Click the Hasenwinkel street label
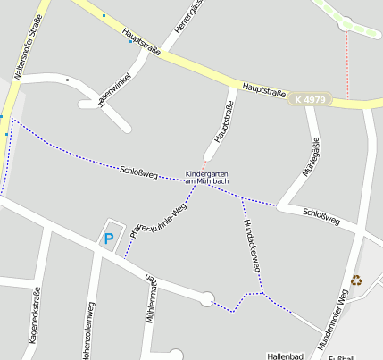(x=116, y=91)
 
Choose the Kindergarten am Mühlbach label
(x=207, y=177)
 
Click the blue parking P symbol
(x=109, y=239)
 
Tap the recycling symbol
(x=357, y=280)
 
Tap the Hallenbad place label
(x=286, y=355)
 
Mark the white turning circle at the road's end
(x=207, y=299)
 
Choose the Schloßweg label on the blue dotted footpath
(x=137, y=172)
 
